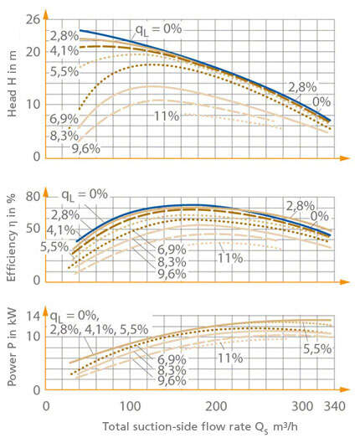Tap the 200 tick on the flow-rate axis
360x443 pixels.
pyautogui.click(x=218, y=405)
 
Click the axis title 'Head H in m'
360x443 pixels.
pyautogui.click(x=11, y=88)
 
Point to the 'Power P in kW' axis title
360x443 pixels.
pyautogui.click(x=11, y=349)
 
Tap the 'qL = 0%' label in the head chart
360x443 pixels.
pyautogui.click(x=159, y=28)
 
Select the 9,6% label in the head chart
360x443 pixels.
pyautogui.click(x=85, y=148)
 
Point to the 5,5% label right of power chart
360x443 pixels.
pyautogui.click(x=316, y=348)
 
